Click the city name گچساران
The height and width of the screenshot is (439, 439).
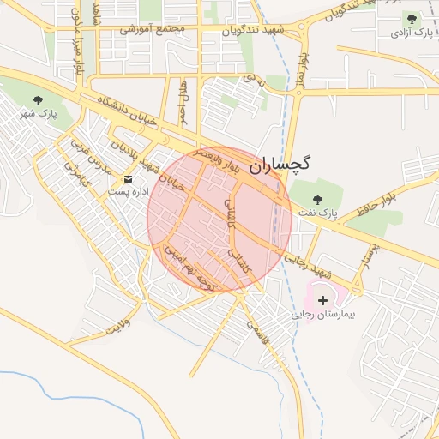(x=280, y=165)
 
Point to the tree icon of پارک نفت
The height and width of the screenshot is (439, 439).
(x=325, y=195)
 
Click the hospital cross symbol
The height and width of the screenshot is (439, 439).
(x=322, y=300)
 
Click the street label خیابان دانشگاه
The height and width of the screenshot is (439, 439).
(x=128, y=112)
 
